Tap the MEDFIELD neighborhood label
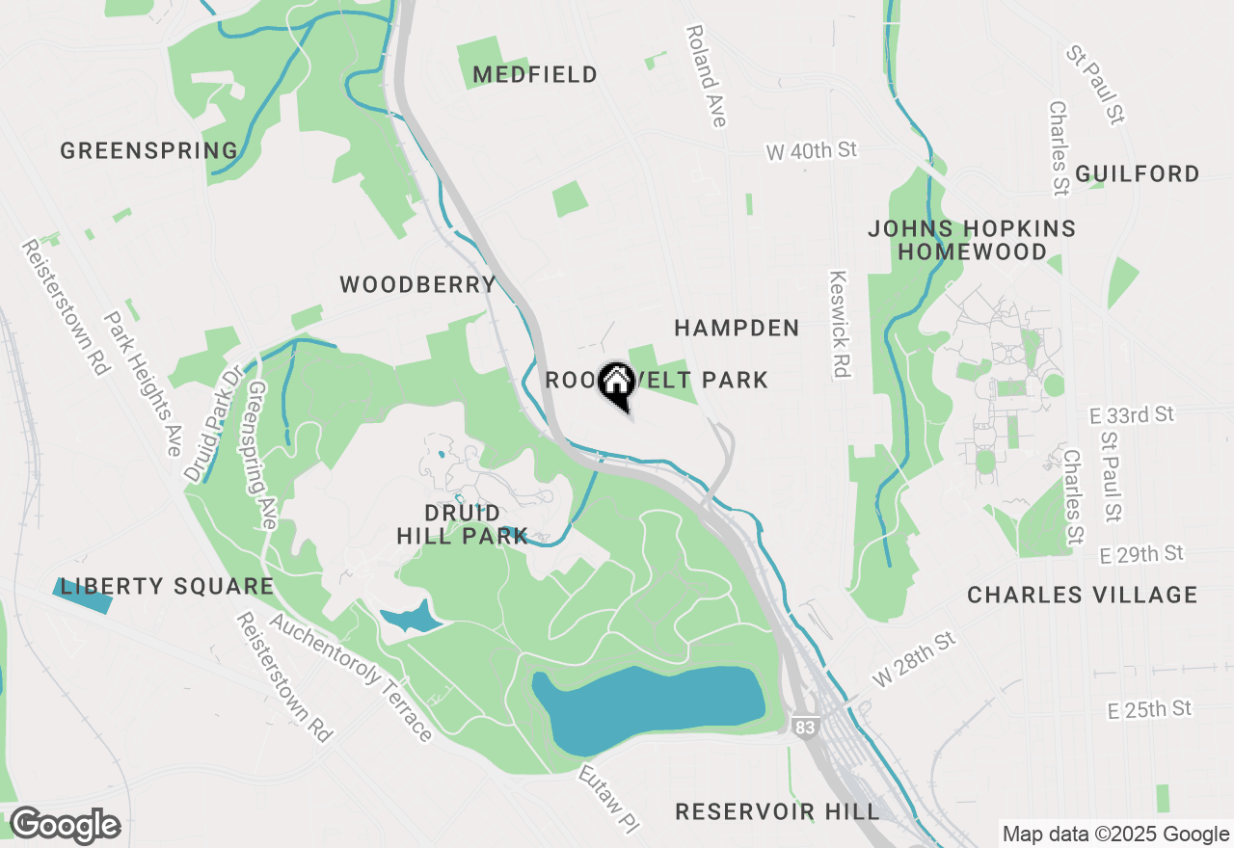click(x=535, y=75)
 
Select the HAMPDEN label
click(x=737, y=329)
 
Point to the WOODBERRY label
click(x=417, y=285)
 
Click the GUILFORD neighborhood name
click(x=1138, y=174)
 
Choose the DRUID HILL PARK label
click(x=463, y=524)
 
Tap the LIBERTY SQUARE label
click(x=167, y=587)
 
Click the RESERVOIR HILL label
click(x=777, y=812)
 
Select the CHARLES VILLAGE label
click(x=1082, y=596)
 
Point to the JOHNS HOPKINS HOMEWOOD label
click(x=971, y=241)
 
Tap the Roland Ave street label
click(x=706, y=76)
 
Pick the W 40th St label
click(x=811, y=150)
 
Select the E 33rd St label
click(x=1131, y=415)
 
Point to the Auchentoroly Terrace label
click(x=351, y=677)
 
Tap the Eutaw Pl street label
click(x=609, y=800)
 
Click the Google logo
click(x=65, y=826)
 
